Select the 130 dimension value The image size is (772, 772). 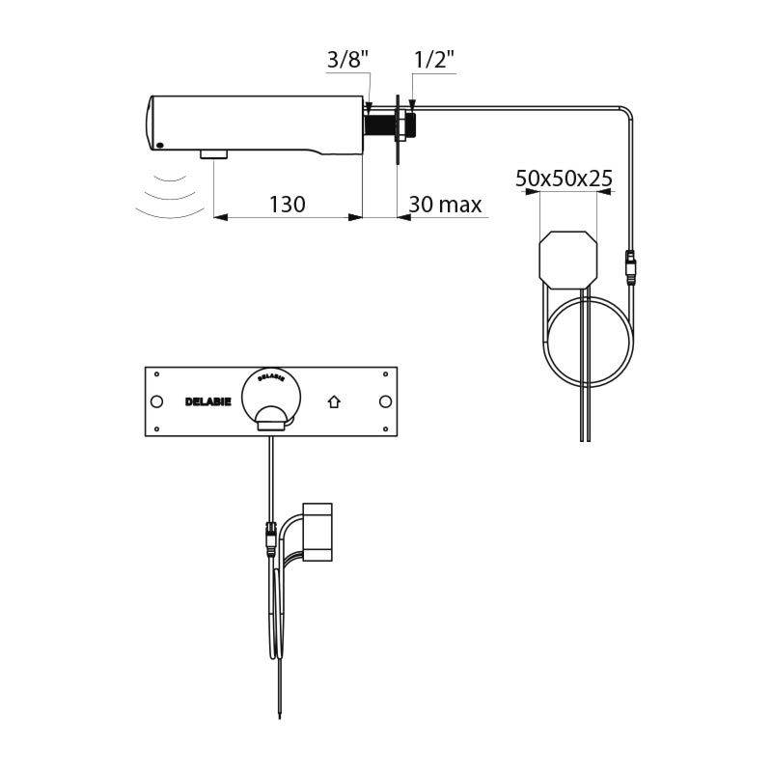(x=288, y=205)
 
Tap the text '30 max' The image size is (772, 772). (x=445, y=205)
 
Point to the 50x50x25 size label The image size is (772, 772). (x=565, y=179)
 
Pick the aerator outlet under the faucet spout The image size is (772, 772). (x=212, y=154)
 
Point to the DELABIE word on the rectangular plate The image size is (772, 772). (x=207, y=401)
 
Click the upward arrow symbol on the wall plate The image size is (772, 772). (x=335, y=401)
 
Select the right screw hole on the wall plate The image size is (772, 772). (x=385, y=401)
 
